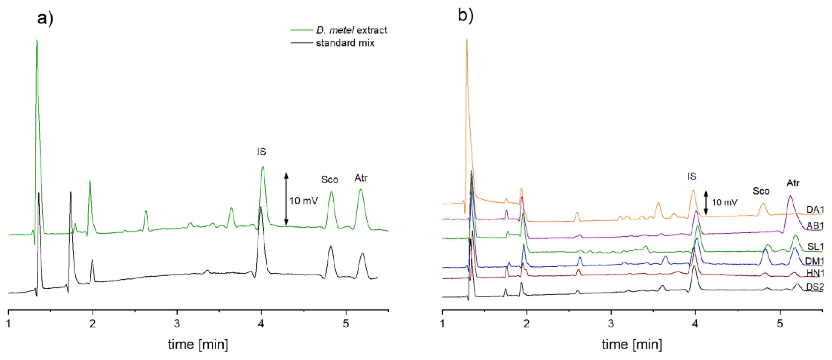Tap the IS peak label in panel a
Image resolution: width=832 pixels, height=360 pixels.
261,151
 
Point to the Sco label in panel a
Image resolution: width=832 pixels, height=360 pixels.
329,179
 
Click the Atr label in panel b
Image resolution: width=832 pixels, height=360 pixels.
793,183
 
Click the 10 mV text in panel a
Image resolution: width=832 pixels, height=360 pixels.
303,201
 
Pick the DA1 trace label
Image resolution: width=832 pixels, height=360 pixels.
815,210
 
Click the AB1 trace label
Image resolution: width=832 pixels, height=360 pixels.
815,225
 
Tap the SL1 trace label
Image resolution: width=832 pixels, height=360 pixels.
815,247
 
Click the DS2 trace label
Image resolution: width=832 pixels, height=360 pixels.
815,287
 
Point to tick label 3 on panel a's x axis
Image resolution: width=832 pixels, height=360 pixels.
177,324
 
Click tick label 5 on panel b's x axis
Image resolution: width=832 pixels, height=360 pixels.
780,324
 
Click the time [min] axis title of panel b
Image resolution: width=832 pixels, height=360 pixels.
631,344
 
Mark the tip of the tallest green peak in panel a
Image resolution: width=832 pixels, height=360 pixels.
37,41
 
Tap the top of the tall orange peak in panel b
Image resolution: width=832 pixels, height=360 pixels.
466,40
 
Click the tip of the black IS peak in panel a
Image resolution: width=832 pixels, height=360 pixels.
260,207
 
